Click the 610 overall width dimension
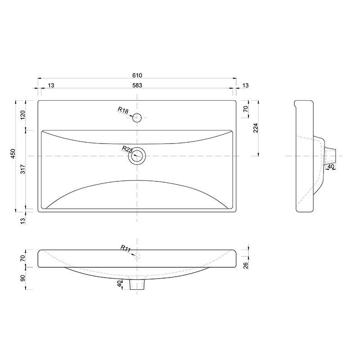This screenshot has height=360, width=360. pyautogui.click(x=137, y=75)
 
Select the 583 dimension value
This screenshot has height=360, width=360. pyautogui.click(x=137, y=85)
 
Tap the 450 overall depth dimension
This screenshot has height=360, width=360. pyautogui.click(x=13, y=153)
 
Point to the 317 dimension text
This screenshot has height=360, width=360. pyautogui.click(x=23, y=169)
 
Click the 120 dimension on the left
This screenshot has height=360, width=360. pyautogui.click(x=23, y=115)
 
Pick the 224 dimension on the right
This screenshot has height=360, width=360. pyautogui.click(x=256, y=128)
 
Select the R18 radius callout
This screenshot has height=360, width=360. pyautogui.click(x=123, y=110)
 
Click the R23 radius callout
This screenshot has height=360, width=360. pyautogui.click(x=127, y=149)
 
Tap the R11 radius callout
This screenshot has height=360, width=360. pyautogui.click(x=126, y=248)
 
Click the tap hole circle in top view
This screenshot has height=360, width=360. pyautogui.click(x=137, y=113)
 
